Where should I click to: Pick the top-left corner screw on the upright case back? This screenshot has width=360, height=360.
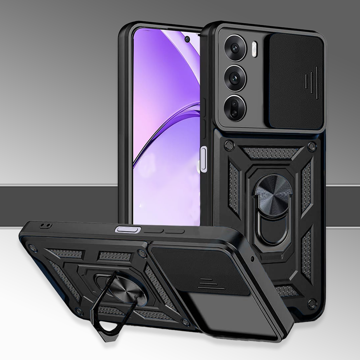point(228,144)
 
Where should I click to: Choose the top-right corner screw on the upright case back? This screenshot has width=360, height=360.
point(311,146)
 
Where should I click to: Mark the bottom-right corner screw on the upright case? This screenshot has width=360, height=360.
point(312,304)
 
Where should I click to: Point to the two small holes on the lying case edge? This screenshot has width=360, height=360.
point(45,226)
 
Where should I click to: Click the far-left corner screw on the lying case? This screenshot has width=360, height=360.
point(32,248)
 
